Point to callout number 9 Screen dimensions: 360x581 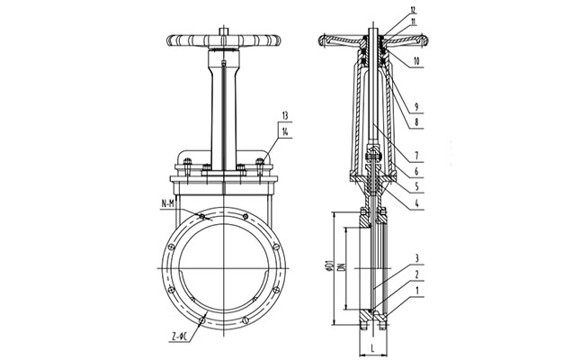coord(417,105)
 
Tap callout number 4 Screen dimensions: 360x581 coord(417,204)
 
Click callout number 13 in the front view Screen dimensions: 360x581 coord(285,116)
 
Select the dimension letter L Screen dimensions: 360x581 coord(371,346)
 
